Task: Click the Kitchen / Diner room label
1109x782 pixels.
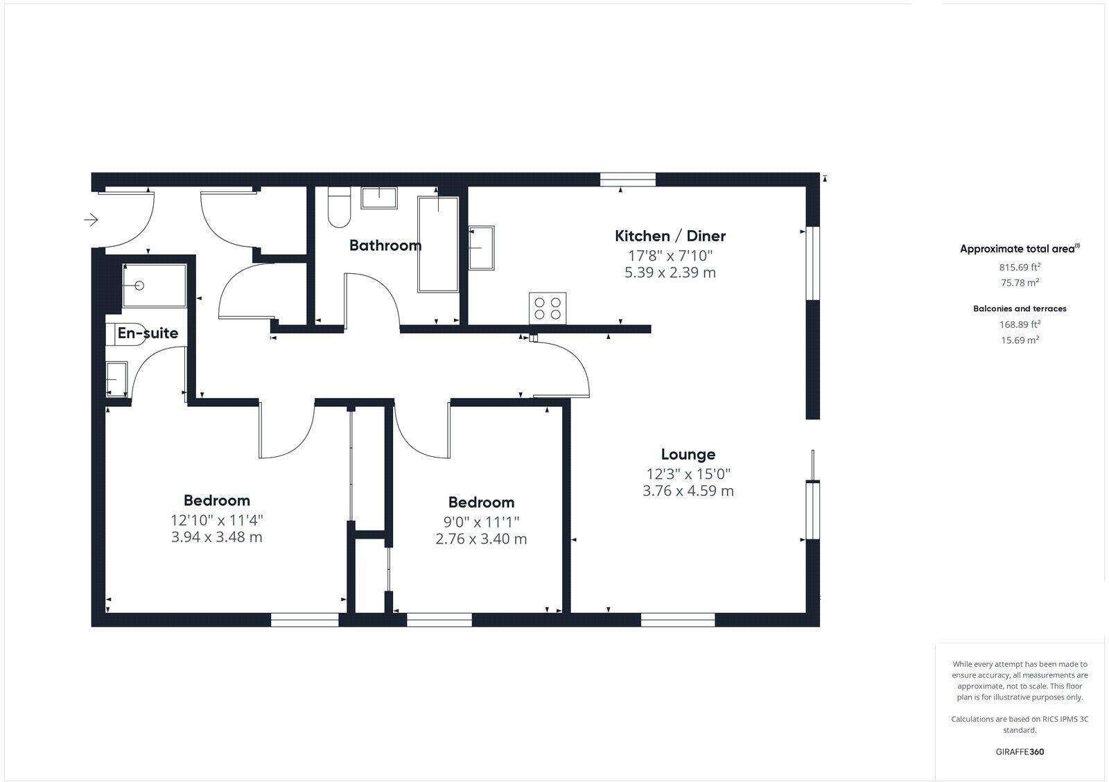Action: coord(670,236)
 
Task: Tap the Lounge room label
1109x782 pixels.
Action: coord(688,455)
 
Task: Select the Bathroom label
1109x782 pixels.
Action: coord(385,245)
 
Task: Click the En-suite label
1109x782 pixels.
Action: coord(148,333)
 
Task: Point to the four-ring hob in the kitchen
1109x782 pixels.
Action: coord(548,308)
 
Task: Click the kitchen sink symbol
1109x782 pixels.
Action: coord(481,247)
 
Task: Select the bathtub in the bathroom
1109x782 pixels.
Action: coord(438,244)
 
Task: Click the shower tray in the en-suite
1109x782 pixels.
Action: coord(155,285)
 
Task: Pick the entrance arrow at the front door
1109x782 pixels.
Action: coord(91,220)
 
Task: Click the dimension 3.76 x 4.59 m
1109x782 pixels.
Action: coord(688,492)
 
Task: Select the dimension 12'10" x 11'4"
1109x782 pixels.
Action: coord(216,520)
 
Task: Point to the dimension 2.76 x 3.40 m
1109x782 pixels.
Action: coord(481,539)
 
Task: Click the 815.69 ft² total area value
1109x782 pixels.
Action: coord(1019,266)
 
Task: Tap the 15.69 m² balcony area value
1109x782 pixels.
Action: coord(1019,340)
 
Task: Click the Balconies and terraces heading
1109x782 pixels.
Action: coord(1019,309)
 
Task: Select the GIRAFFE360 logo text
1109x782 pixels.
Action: coord(1019,751)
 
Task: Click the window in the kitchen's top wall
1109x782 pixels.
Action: coord(627,180)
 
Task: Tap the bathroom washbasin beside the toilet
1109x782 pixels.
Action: coord(378,198)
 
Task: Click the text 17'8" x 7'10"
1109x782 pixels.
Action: coord(670,255)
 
